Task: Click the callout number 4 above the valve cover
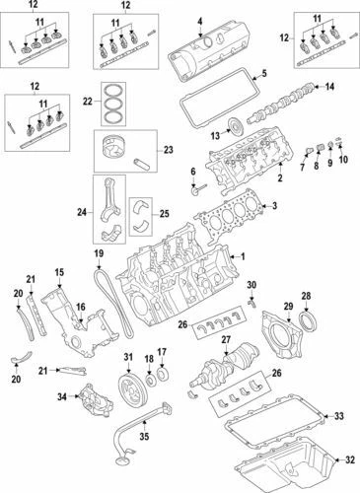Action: click(200, 21)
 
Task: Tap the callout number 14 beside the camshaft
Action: click(329, 88)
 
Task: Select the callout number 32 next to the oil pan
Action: click(348, 459)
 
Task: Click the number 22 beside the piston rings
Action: click(88, 102)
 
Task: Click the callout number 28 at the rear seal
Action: click(305, 296)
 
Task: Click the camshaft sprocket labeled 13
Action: click(234, 126)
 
